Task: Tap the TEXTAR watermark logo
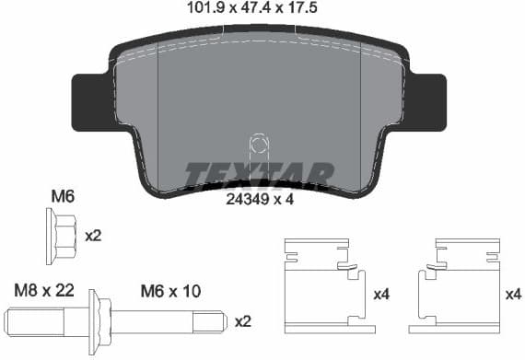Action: coord(259,173)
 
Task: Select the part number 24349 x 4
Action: coord(259,195)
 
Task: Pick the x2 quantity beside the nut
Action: coord(93,236)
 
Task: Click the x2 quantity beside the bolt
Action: coord(243,321)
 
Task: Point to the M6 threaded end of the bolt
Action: coord(166,322)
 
